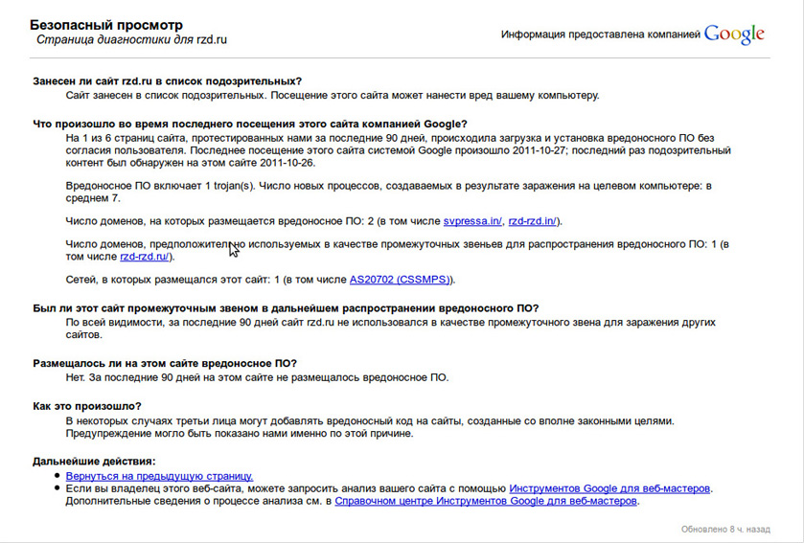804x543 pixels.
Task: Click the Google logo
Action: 734,34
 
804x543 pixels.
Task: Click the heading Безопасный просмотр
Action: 106,25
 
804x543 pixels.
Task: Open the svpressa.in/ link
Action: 472,221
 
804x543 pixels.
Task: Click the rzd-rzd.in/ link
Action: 533,221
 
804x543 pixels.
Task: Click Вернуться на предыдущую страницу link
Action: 159,475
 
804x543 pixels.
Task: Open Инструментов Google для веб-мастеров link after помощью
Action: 609,488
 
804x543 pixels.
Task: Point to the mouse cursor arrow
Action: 233,249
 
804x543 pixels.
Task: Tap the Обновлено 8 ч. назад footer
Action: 724,528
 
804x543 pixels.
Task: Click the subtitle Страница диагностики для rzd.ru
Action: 131,40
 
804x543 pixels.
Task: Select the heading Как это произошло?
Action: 86,406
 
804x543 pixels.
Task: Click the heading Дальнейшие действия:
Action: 93,462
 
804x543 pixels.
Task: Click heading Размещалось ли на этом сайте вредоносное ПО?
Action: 165,363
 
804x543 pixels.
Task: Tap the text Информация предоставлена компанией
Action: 600,34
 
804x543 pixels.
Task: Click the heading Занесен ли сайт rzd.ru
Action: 167,81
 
